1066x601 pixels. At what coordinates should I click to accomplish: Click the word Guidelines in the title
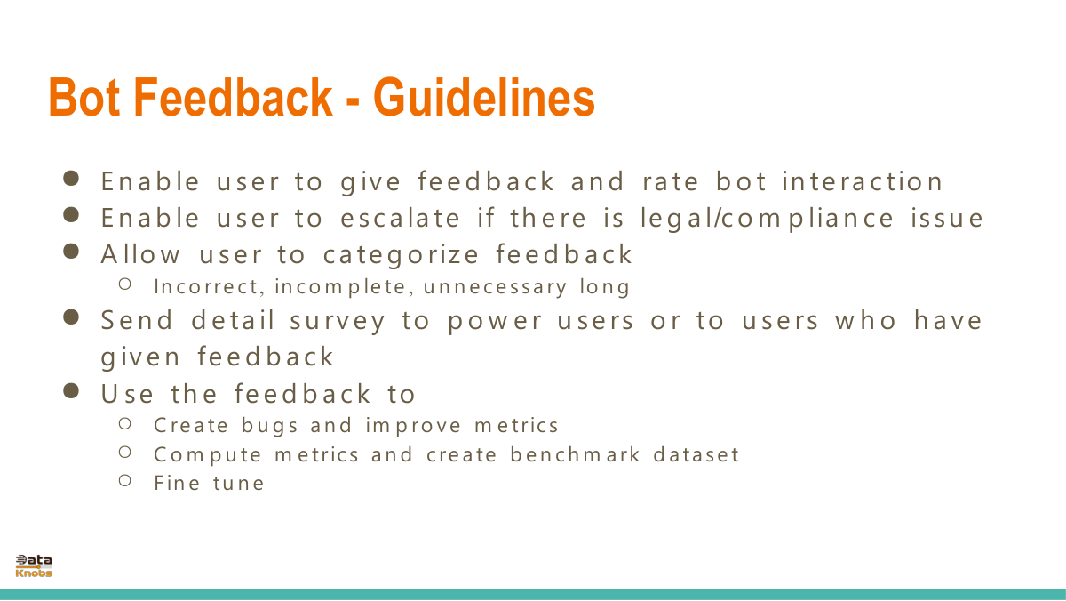(484, 97)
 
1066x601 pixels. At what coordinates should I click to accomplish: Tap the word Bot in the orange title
(84, 97)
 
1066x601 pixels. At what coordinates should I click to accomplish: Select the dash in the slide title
(353, 101)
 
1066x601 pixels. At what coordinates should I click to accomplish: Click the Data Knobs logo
(34, 565)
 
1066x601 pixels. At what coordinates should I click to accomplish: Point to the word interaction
(863, 181)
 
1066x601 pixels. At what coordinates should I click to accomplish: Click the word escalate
(401, 218)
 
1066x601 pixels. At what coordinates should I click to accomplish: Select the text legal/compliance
(767, 219)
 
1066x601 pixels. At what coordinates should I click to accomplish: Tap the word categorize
(401, 255)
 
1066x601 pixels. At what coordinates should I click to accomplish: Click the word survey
(338, 320)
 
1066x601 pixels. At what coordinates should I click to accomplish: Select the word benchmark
(575, 454)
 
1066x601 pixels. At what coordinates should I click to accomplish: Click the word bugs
(269, 426)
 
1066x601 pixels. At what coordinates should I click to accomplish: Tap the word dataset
(696, 454)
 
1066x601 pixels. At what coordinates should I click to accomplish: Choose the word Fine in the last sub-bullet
(177, 483)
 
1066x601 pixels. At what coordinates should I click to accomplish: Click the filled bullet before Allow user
(71, 251)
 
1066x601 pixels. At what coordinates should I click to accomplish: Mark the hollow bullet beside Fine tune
(125, 480)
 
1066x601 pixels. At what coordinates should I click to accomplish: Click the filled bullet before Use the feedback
(71, 391)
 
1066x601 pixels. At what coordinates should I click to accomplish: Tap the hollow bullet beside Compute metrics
(125, 452)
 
